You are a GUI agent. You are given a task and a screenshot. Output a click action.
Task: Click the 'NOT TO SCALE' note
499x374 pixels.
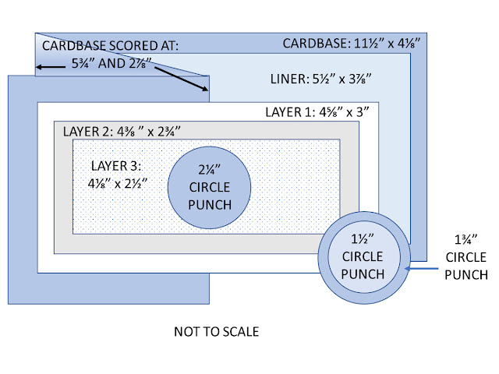point(216,332)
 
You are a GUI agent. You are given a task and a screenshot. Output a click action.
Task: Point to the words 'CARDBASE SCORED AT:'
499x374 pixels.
point(110,46)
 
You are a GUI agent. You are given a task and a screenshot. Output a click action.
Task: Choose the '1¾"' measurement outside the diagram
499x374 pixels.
point(467,240)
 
